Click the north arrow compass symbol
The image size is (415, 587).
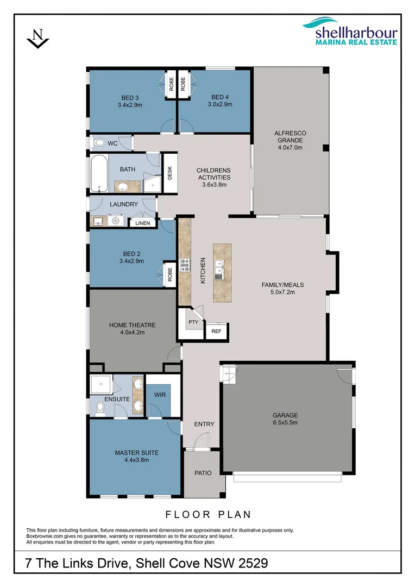tap(38, 39)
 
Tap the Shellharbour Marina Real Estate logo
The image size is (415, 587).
tap(350, 30)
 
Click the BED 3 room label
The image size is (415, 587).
tap(130, 98)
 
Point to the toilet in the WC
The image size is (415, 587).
tap(98, 143)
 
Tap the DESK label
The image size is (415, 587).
tap(169, 173)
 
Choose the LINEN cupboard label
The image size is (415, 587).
tap(142, 223)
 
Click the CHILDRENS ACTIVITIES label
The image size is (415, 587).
tap(213, 174)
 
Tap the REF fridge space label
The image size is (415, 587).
tap(216, 330)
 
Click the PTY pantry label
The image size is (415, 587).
tap(192, 322)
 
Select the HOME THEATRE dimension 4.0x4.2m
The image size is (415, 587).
tap(132, 332)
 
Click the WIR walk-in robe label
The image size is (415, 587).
tap(160, 395)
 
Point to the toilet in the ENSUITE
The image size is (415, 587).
tap(99, 409)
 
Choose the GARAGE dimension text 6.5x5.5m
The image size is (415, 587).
tap(285, 422)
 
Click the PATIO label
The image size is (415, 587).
tap(203, 473)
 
